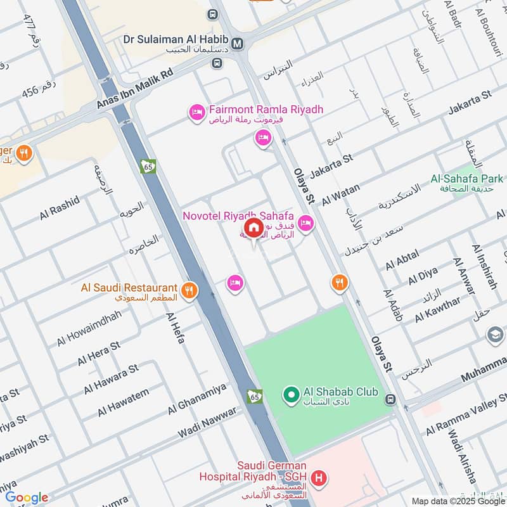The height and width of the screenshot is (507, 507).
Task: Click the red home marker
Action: [x=253, y=228]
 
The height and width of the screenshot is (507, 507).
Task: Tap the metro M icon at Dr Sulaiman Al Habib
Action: [x=238, y=44]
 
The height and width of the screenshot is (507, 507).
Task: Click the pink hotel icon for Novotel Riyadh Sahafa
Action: [x=305, y=223]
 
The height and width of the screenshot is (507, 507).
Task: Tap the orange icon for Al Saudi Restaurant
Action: [x=188, y=291]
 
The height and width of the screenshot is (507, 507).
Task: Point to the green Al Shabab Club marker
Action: [x=291, y=395]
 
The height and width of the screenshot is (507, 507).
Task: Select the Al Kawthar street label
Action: [x=437, y=310]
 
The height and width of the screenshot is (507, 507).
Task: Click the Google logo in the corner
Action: [x=27, y=497]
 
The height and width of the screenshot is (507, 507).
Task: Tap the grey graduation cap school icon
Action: [x=495, y=334]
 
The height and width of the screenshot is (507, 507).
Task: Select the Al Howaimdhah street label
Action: [x=89, y=328]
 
